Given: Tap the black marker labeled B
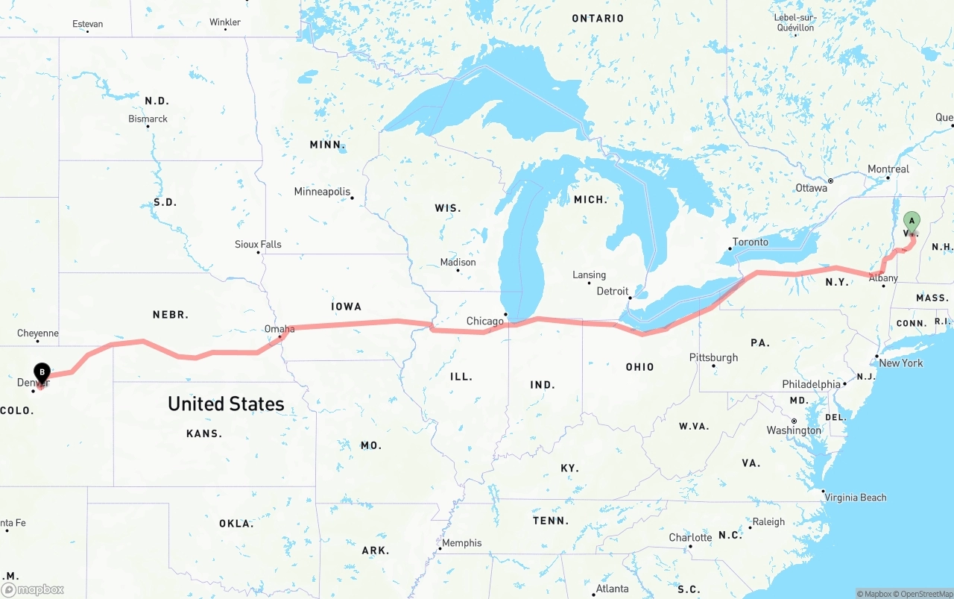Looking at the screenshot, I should [42, 371].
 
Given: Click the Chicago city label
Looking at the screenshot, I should [485, 322].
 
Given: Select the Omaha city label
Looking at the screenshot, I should [279, 329].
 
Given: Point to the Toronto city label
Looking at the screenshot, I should [750, 242].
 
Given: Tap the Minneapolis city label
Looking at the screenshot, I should [322, 192].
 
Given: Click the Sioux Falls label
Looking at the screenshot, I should [258, 245].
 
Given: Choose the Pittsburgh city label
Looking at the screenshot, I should [713, 357].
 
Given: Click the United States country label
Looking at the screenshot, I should [226, 404].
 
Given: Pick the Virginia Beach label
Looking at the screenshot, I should [856, 498].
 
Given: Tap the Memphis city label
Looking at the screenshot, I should [462, 543].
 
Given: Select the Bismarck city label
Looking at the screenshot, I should [148, 119].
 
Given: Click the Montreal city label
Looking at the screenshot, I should [888, 169].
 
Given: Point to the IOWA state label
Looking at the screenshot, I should [347, 307].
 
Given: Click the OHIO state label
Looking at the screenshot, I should [639, 367].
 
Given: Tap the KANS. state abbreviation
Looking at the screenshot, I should [204, 433].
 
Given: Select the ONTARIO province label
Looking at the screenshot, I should [598, 18].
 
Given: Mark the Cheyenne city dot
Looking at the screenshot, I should [37, 342].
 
